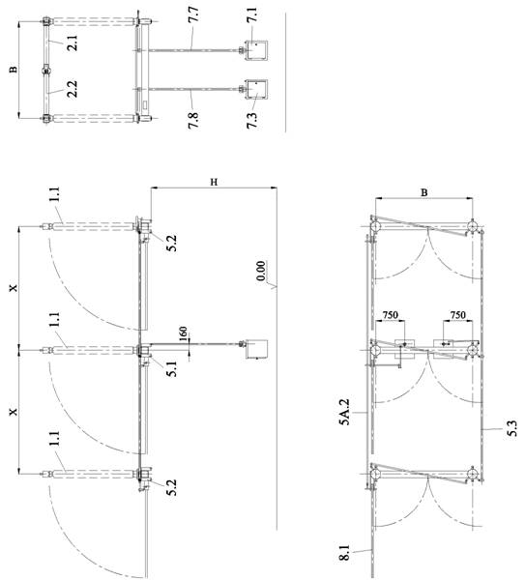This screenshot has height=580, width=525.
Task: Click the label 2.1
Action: pyautogui.click(x=73, y=43)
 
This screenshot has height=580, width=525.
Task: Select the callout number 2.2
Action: pyautogui.click(x=73, y=89)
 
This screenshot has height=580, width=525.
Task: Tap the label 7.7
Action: pyautogui.click(x=194, y=14)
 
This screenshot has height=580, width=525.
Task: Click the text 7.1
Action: pyautogui.click(x=252, y=14)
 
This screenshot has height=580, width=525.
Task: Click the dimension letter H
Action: pyautogui.click(x=214, y=182)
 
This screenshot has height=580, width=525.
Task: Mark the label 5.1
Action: pyautogui.click(x=172, y=368)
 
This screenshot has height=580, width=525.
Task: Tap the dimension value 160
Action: pyautogui.click(x=183, y=334)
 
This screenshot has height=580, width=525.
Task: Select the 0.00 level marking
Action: pyautogui.click(x=261, y=271)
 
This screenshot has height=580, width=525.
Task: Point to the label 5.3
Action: pyautogui.click(x=512, y=428)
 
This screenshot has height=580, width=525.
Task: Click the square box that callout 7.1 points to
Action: pyautogui.click(x=256, y=50)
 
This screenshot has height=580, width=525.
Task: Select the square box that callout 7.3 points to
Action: pyautogui.click(x=256, y=90)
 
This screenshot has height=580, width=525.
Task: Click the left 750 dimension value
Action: pyautogui.click(x=391, y=315)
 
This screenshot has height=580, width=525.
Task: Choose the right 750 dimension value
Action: pyautogui.click(x=457, y=315)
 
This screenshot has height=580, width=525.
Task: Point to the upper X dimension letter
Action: pyautogui.click(x=15, y=287)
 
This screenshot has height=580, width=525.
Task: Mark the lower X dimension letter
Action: pyautogui.click(x=15, y=412)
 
